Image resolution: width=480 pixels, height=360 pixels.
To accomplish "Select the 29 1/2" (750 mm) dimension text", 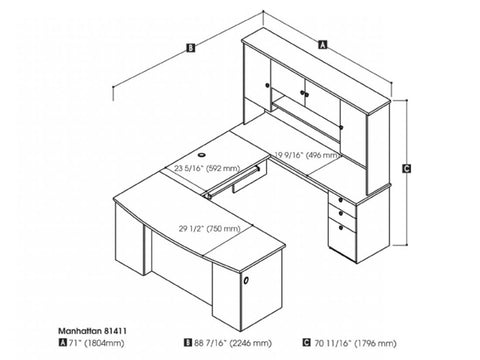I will pyautogui.click(x=210, y=228).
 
